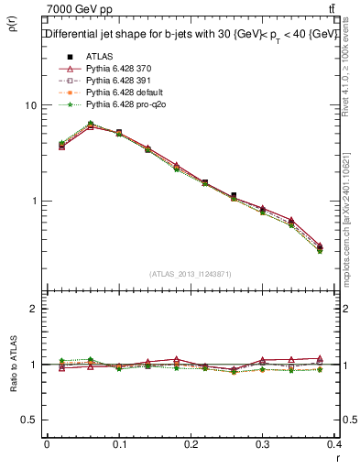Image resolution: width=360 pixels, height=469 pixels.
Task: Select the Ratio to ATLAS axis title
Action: [13, 364]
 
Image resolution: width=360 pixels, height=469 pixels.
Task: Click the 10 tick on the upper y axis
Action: [31, 105]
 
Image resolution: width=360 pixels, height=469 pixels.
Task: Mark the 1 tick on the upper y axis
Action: [34, 201]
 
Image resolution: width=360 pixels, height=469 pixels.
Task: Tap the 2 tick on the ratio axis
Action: [34, 309]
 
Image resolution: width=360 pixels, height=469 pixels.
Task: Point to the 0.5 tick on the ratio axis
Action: [29, 420]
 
